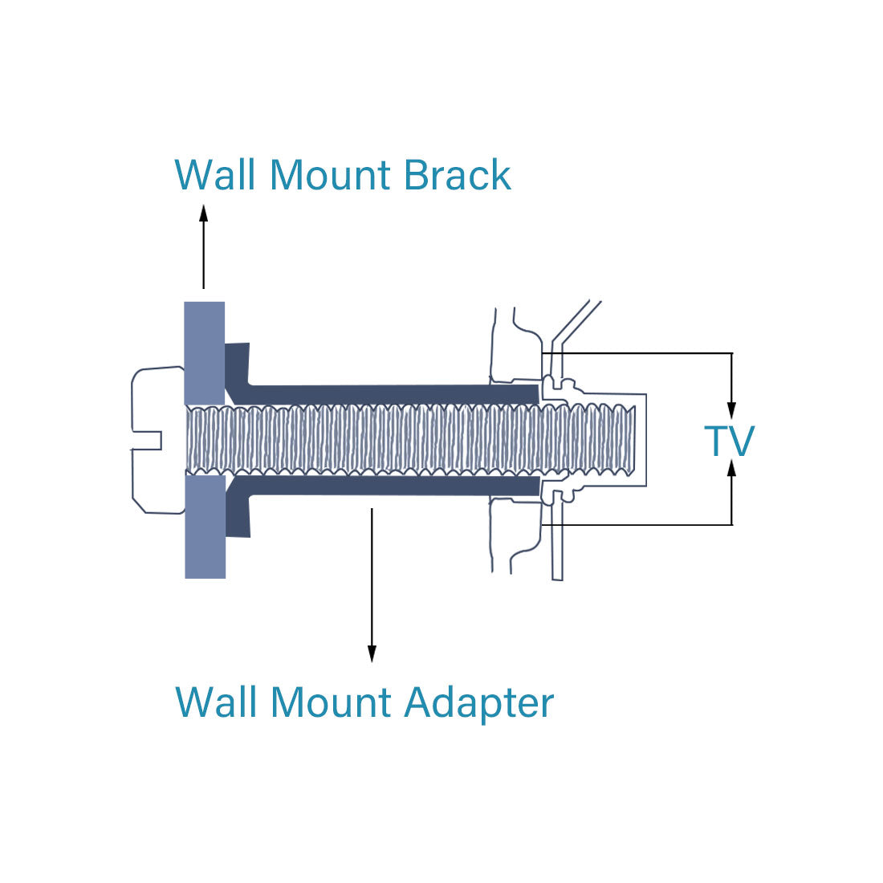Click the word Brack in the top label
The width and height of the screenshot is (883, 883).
click(x=457, y=175)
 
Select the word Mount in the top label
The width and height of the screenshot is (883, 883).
click(x=330, y=175)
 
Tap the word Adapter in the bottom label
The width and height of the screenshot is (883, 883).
click(x=479, y=702)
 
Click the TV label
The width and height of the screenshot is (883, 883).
click(x=729, y=441)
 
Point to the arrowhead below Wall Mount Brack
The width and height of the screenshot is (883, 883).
click(x=203, y=213)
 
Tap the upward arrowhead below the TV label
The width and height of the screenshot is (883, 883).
click(x=731, y=469)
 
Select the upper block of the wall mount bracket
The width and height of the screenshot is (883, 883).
click(x=205, y=352)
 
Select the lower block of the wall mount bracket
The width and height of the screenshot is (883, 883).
click(x=205, y=527)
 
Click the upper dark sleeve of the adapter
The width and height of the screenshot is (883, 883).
click(x=393, y=394)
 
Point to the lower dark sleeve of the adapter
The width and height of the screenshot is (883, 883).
click(x=393, y=486)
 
